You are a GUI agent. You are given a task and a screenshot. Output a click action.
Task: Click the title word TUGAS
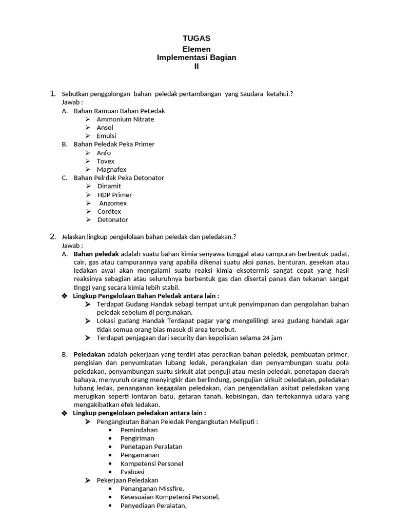click(196, 38)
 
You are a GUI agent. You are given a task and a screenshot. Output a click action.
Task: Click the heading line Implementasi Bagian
click(196, 57)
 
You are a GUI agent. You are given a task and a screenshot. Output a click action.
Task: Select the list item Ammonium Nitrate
click(125, 119)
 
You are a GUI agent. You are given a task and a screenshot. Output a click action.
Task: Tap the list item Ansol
click(105, 128)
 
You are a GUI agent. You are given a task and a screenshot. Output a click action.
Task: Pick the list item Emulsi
click(106, 136)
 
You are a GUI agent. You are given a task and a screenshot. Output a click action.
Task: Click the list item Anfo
click(104, 153)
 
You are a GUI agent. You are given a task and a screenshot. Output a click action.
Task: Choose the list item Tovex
click(106, 161)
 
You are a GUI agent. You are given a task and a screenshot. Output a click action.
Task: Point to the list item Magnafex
click(111, 170)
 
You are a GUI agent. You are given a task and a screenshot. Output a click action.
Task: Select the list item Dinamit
click(109, 186)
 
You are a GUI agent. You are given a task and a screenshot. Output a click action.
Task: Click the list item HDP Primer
click(114, 195)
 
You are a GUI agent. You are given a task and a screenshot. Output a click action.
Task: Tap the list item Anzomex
click(113, 203)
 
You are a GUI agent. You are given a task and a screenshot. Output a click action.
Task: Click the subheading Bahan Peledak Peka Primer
click(114, 144)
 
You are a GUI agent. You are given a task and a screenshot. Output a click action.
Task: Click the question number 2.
click(52, 236)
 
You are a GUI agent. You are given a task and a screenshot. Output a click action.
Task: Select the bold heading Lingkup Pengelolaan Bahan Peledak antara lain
click(146, 296)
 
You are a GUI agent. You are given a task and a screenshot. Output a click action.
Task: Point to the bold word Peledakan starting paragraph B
click(89, 354)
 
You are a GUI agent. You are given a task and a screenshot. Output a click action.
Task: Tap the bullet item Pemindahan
click(139, 430)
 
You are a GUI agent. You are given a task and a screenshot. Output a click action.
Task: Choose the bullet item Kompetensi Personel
click(151, 463)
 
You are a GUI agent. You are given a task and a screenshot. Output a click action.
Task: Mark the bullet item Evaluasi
click(132, 472)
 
